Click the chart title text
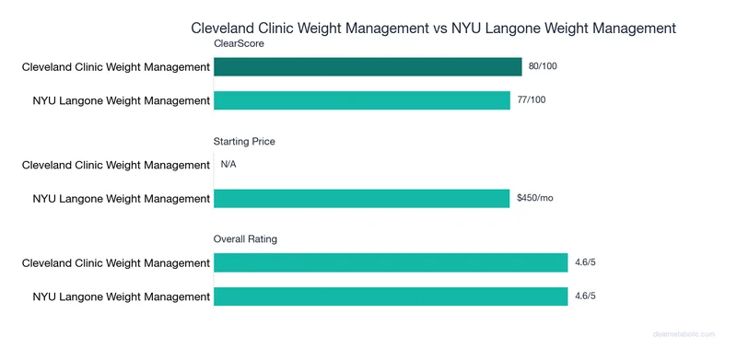click(433, 29)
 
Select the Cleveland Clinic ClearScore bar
click(368, 66)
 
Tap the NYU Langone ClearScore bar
click(362, 100)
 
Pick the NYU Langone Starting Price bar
click(362, 198)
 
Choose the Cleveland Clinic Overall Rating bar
click(391, 263)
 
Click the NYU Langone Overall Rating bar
click(391, 296)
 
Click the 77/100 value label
click(532, 100)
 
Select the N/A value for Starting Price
click(229, 165)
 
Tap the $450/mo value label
click(535, 198)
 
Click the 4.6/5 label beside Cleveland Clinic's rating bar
click(586, 263)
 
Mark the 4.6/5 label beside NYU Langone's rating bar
click(586, 296)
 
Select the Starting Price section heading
click(244, 142)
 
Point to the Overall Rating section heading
click(246, 239)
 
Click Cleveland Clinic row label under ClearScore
click(116, 66)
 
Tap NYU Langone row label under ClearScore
click(122, 100)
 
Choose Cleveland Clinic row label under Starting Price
click(116, 165)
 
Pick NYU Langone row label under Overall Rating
click(122, 296)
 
